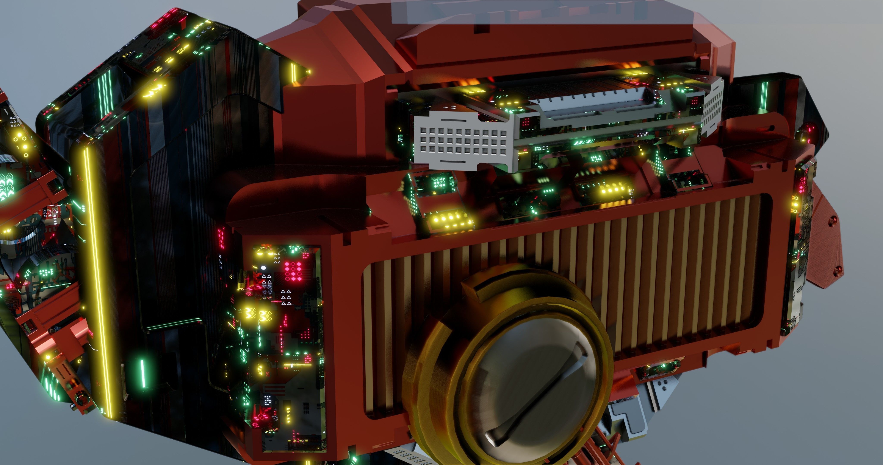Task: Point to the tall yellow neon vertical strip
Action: [x=96, y=281]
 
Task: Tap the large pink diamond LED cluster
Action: [x=293, y=271]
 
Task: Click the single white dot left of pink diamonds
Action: [x=263, y=268]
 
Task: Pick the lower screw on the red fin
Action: [x=838, y=271]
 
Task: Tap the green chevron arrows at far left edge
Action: [x=7, y=185]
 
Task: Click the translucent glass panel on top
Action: [x=514, y=12]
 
